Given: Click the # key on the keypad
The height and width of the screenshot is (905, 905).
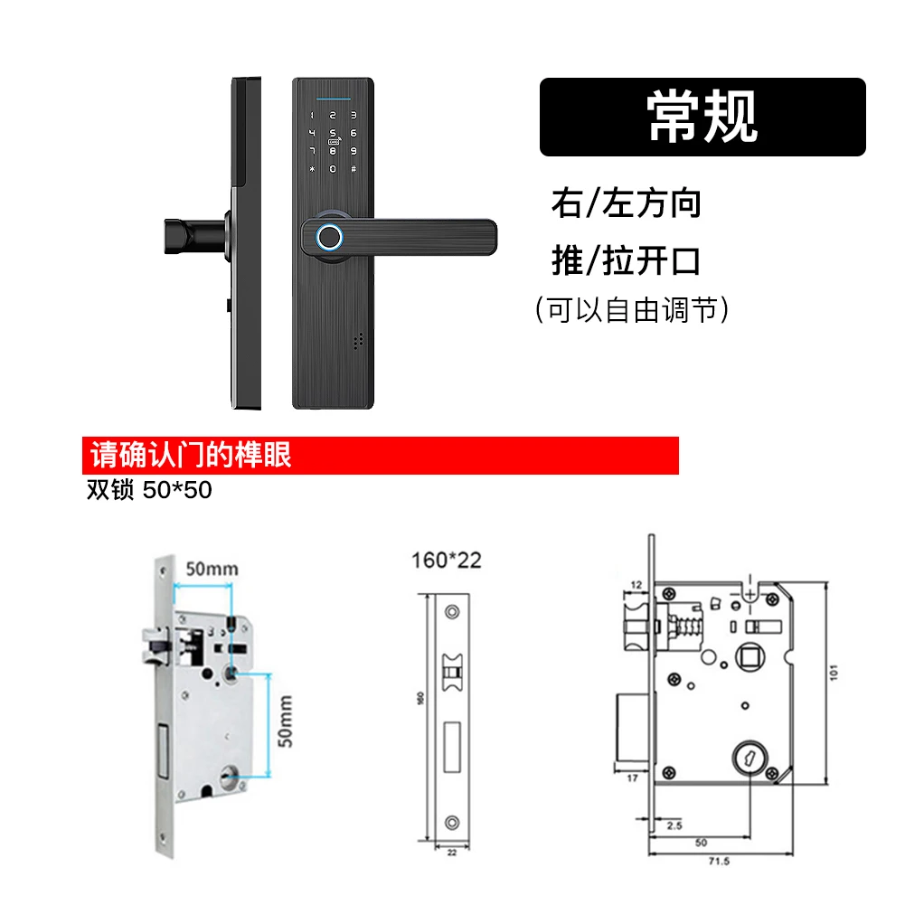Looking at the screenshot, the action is [x=354, y=168].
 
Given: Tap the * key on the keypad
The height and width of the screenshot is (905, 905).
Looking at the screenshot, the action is [x=312, y=168].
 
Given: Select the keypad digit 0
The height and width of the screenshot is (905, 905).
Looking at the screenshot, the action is [x=333, y=168].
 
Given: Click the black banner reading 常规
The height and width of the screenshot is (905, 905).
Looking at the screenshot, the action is [x=702, y=117].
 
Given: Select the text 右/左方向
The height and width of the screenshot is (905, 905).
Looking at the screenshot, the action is [x=627, y=203].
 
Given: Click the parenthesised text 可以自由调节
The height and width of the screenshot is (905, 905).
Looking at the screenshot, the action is [x=632, y=310].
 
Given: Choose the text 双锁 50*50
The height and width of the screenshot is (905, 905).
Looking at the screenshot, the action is [x=149, y=491].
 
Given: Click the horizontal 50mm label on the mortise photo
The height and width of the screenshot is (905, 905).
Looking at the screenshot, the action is [x=212, y=569].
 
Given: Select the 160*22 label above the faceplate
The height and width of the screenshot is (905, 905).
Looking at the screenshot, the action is [x=447, y=561].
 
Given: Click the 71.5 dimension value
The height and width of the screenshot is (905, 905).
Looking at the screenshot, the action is [x=720, y=861].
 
